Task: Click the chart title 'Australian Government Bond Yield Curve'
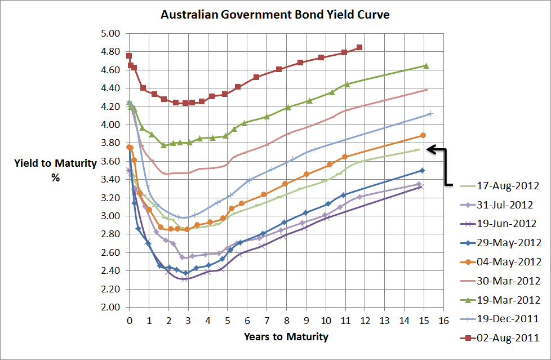[275, 14]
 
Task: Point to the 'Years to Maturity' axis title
[286, 337]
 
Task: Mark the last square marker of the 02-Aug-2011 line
[359, 47]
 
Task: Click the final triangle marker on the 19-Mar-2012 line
[426, 66]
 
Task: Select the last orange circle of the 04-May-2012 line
[423, 135]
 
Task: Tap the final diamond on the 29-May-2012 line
[422, 170]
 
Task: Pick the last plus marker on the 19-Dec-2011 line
[430, 114]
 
